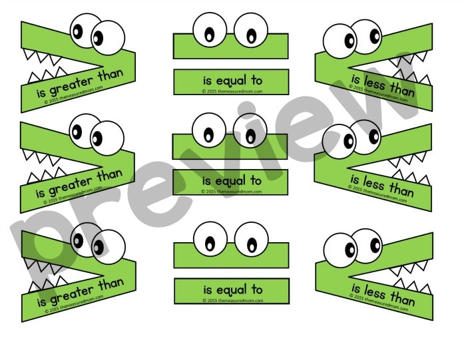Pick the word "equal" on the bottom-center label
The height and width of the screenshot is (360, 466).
[x=230, y=289]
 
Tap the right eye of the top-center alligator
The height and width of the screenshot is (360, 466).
[x=252, y=30]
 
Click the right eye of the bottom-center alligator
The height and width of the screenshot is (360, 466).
[x=252, y=240]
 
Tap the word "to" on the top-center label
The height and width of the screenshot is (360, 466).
[x=256, y=81]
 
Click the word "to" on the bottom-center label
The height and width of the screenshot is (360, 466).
[x=256, y=289]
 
